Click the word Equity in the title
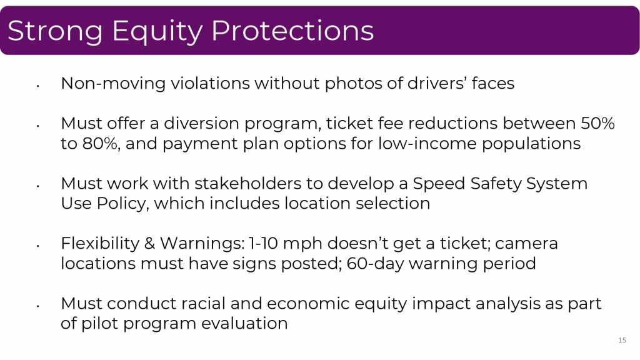point(157,31)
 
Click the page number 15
point(622,341)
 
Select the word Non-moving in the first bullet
point(113,83)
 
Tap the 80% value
point(101,144)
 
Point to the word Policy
point(123,204)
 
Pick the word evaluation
point(244,324)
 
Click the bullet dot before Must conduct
point(37,306)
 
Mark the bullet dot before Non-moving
point(37,86)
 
